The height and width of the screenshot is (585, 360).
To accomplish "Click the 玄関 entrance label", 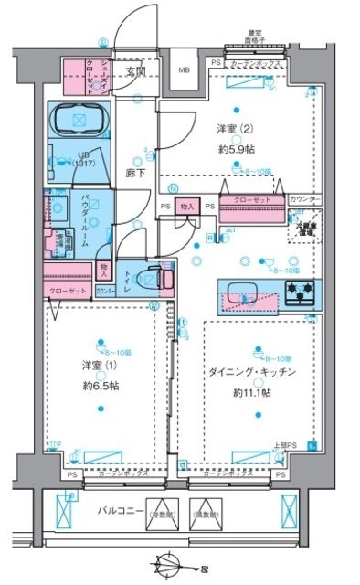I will [x=136, y=70].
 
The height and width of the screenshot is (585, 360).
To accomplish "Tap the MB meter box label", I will [x=184, y=70].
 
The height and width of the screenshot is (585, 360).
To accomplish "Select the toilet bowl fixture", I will [x=157, y=275].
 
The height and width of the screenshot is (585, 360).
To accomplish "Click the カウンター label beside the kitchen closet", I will [x=303, y=199].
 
